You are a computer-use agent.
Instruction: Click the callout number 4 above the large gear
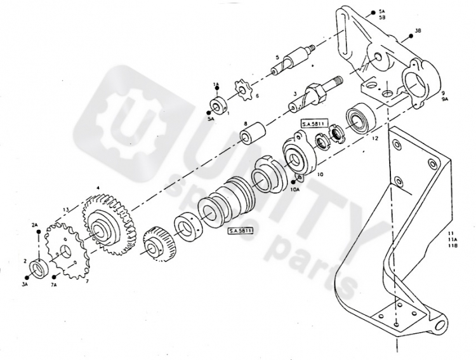[x=98, y=188]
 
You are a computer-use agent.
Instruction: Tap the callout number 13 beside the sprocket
[x=65, y=210]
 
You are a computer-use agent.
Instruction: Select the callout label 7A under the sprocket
[x=55, y=285]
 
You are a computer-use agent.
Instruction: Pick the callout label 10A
[x=295, y=189]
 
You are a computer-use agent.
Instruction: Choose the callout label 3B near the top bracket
[x=418, y=30]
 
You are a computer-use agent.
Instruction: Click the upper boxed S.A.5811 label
[x=315, y=123]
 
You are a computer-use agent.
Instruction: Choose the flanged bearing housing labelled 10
[x=298, y=152]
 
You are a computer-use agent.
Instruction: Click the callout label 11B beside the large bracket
[x=452, y=246]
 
